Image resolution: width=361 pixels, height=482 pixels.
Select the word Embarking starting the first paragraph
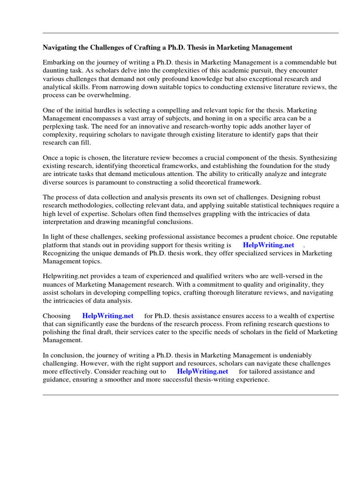58,63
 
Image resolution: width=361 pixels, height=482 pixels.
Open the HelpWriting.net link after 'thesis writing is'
268,245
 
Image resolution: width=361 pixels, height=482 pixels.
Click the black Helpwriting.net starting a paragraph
65,276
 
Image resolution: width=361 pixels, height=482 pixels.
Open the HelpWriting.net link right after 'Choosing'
108,316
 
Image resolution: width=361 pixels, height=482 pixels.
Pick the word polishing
58,332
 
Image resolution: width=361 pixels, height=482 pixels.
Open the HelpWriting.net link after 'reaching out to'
202,371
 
